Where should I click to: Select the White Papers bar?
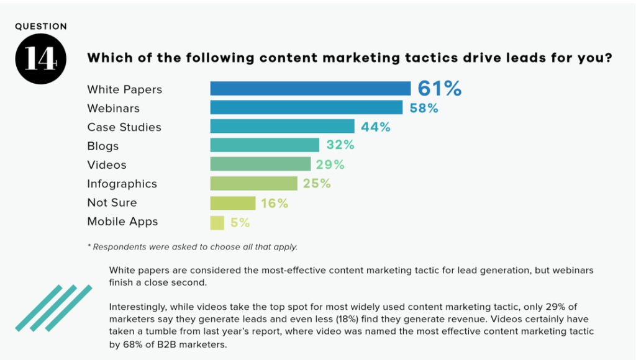(x=310, y=88)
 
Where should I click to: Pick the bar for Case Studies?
(x=282, y=127)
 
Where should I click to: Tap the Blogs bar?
(x=264, y=145)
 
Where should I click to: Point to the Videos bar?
(x=260, y=164)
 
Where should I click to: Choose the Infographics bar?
(x=253, y=184)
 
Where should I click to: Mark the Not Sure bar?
(x=233, y=202)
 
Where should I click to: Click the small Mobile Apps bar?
(x=217, y=222)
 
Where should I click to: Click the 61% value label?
(x=439, y=88)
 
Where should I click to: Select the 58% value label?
(x=424, y=108)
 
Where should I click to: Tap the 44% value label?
(x=376, y=127)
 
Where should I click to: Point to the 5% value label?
(x=240, y=222)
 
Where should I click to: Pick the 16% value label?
(x=274, y=203)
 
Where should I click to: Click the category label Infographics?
(x=122, y=184)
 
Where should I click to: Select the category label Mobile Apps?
(x=122, y=222)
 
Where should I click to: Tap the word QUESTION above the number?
(x=41, y=27)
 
